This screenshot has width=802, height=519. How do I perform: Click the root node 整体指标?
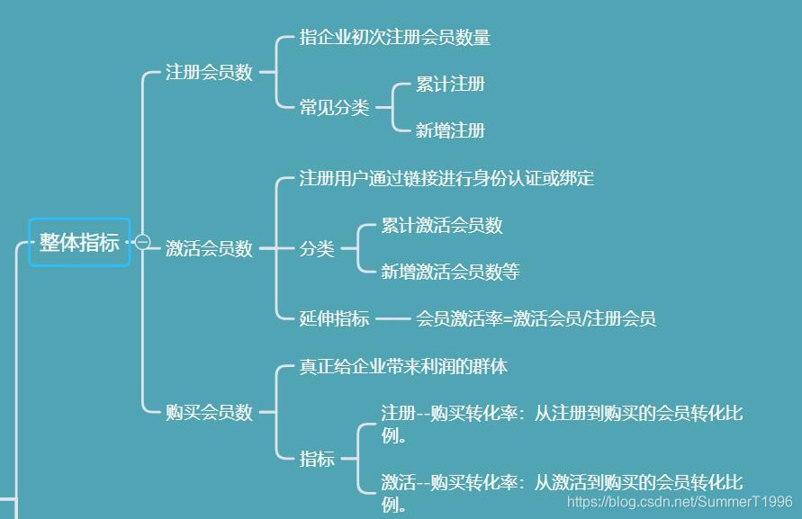[x=79, y=242]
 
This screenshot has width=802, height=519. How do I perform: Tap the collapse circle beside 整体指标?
[x=142, y=241]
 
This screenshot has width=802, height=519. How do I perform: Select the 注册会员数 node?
[x=209, y=73]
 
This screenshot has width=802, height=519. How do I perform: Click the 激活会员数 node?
[x=209, y=249]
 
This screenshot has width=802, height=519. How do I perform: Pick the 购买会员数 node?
[x=209, y=413]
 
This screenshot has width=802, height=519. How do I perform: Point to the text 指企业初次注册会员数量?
[x=394, y=38]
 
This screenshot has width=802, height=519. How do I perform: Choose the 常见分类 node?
[x=334, y=108]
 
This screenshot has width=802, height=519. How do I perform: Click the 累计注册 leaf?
[x=450, y=85]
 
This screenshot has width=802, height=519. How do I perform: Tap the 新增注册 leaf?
[x=450, y=131]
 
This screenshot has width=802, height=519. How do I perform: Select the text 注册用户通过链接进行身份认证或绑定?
[x=446, y=178]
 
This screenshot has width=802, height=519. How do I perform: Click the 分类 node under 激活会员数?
[x=317, y=249]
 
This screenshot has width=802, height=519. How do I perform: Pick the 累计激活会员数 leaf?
[x=441, y=226]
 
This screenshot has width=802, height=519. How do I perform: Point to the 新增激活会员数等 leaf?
[x=450, y=272]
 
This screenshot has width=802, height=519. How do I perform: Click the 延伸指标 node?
[x=334, y=318]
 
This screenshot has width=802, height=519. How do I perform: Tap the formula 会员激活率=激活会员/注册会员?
[x=536, y=318]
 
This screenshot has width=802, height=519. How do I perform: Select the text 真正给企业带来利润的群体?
[x=403, y=367]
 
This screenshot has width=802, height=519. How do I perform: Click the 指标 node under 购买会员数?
[x=317, y=460]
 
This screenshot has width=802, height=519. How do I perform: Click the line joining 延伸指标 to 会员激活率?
[x=392, y=318]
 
